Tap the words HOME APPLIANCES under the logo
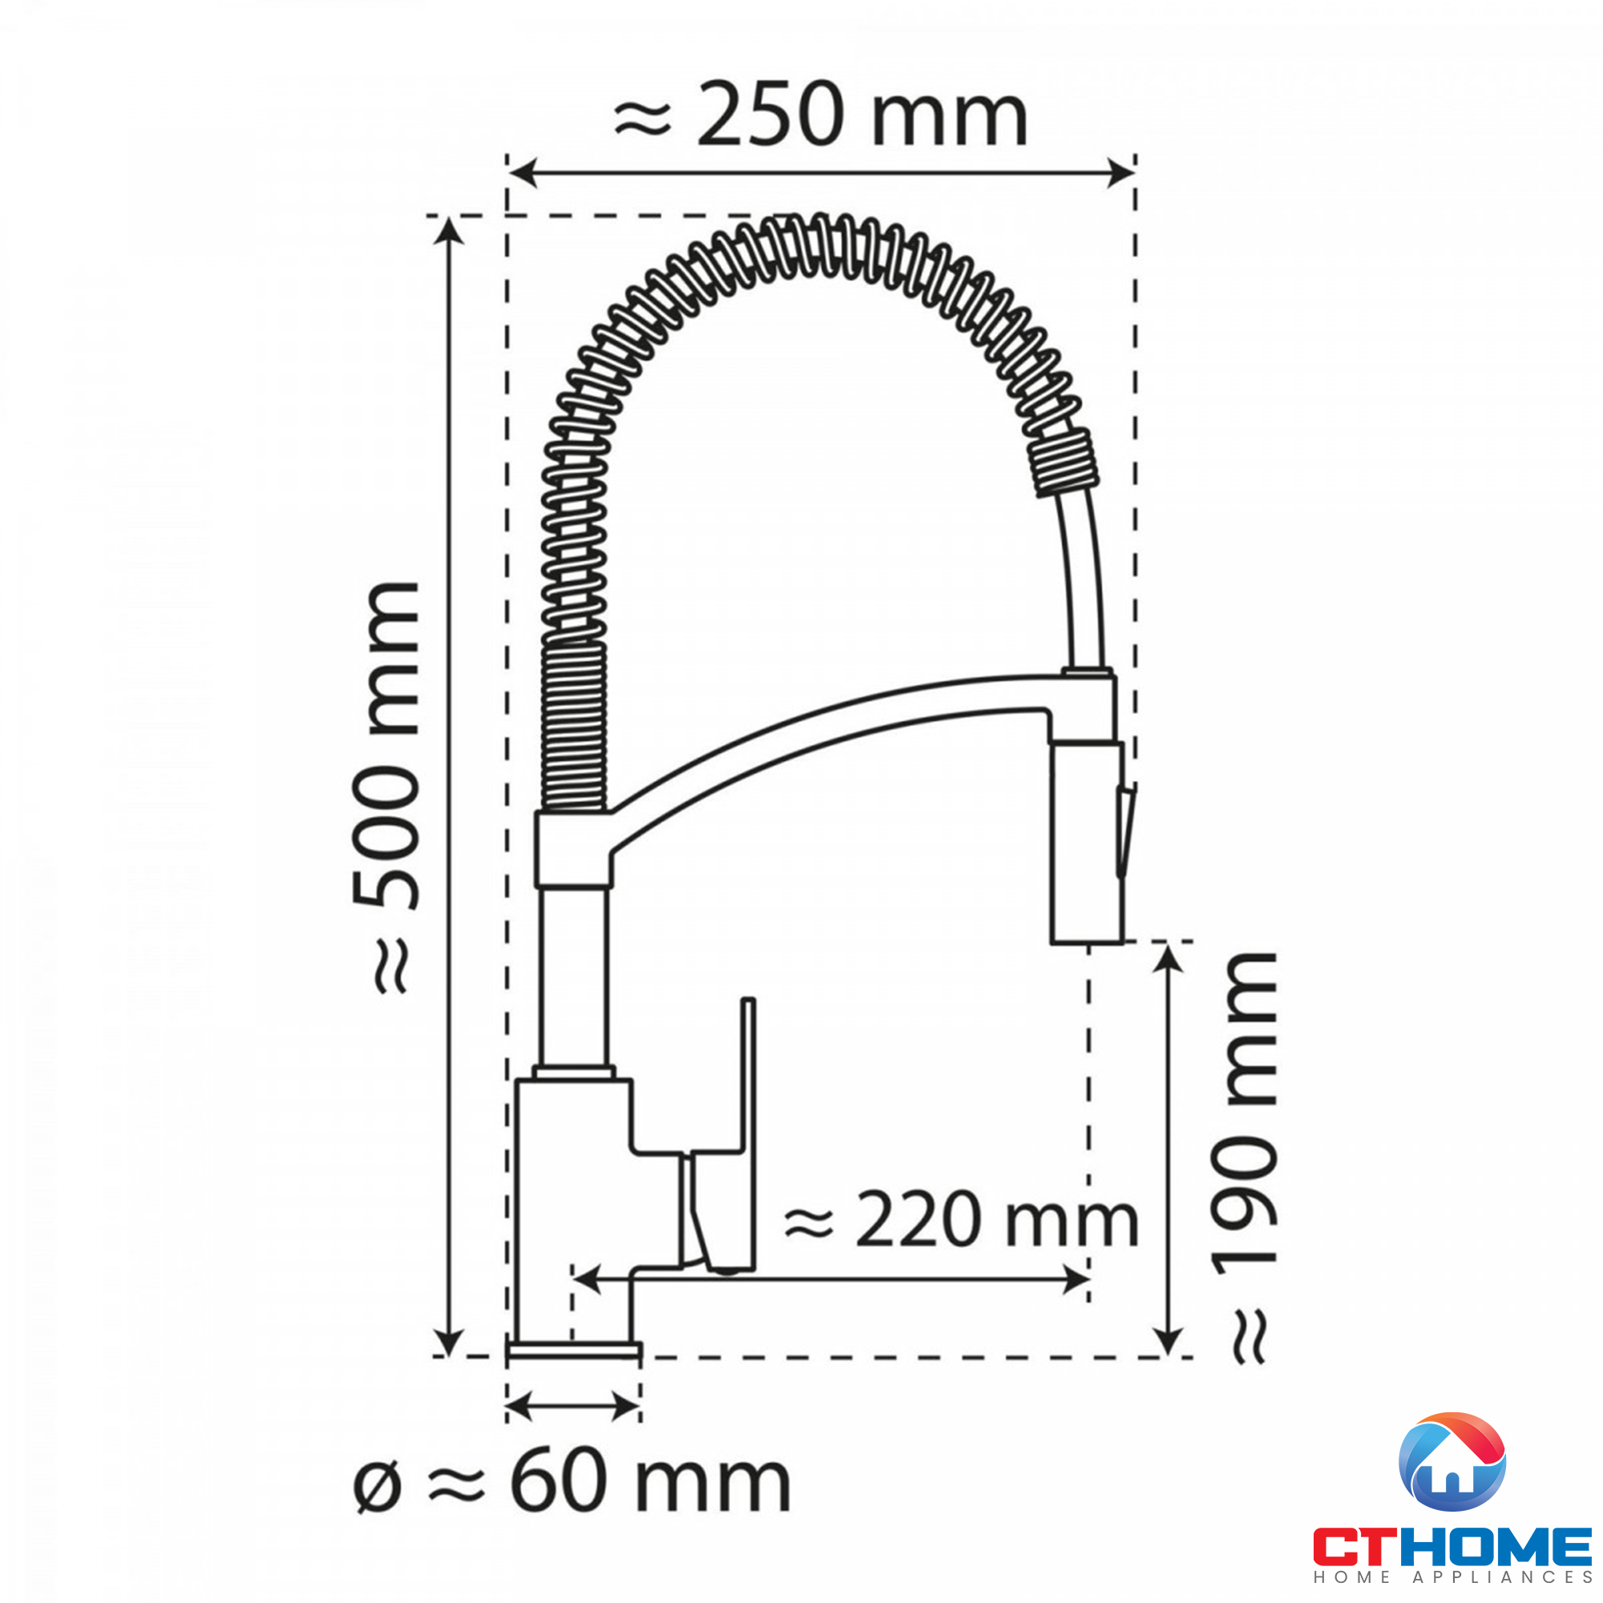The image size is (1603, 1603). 1453,1577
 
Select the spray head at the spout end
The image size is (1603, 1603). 1086,842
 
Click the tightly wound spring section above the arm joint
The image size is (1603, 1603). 573,727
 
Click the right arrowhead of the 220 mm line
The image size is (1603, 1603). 1078,1280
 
